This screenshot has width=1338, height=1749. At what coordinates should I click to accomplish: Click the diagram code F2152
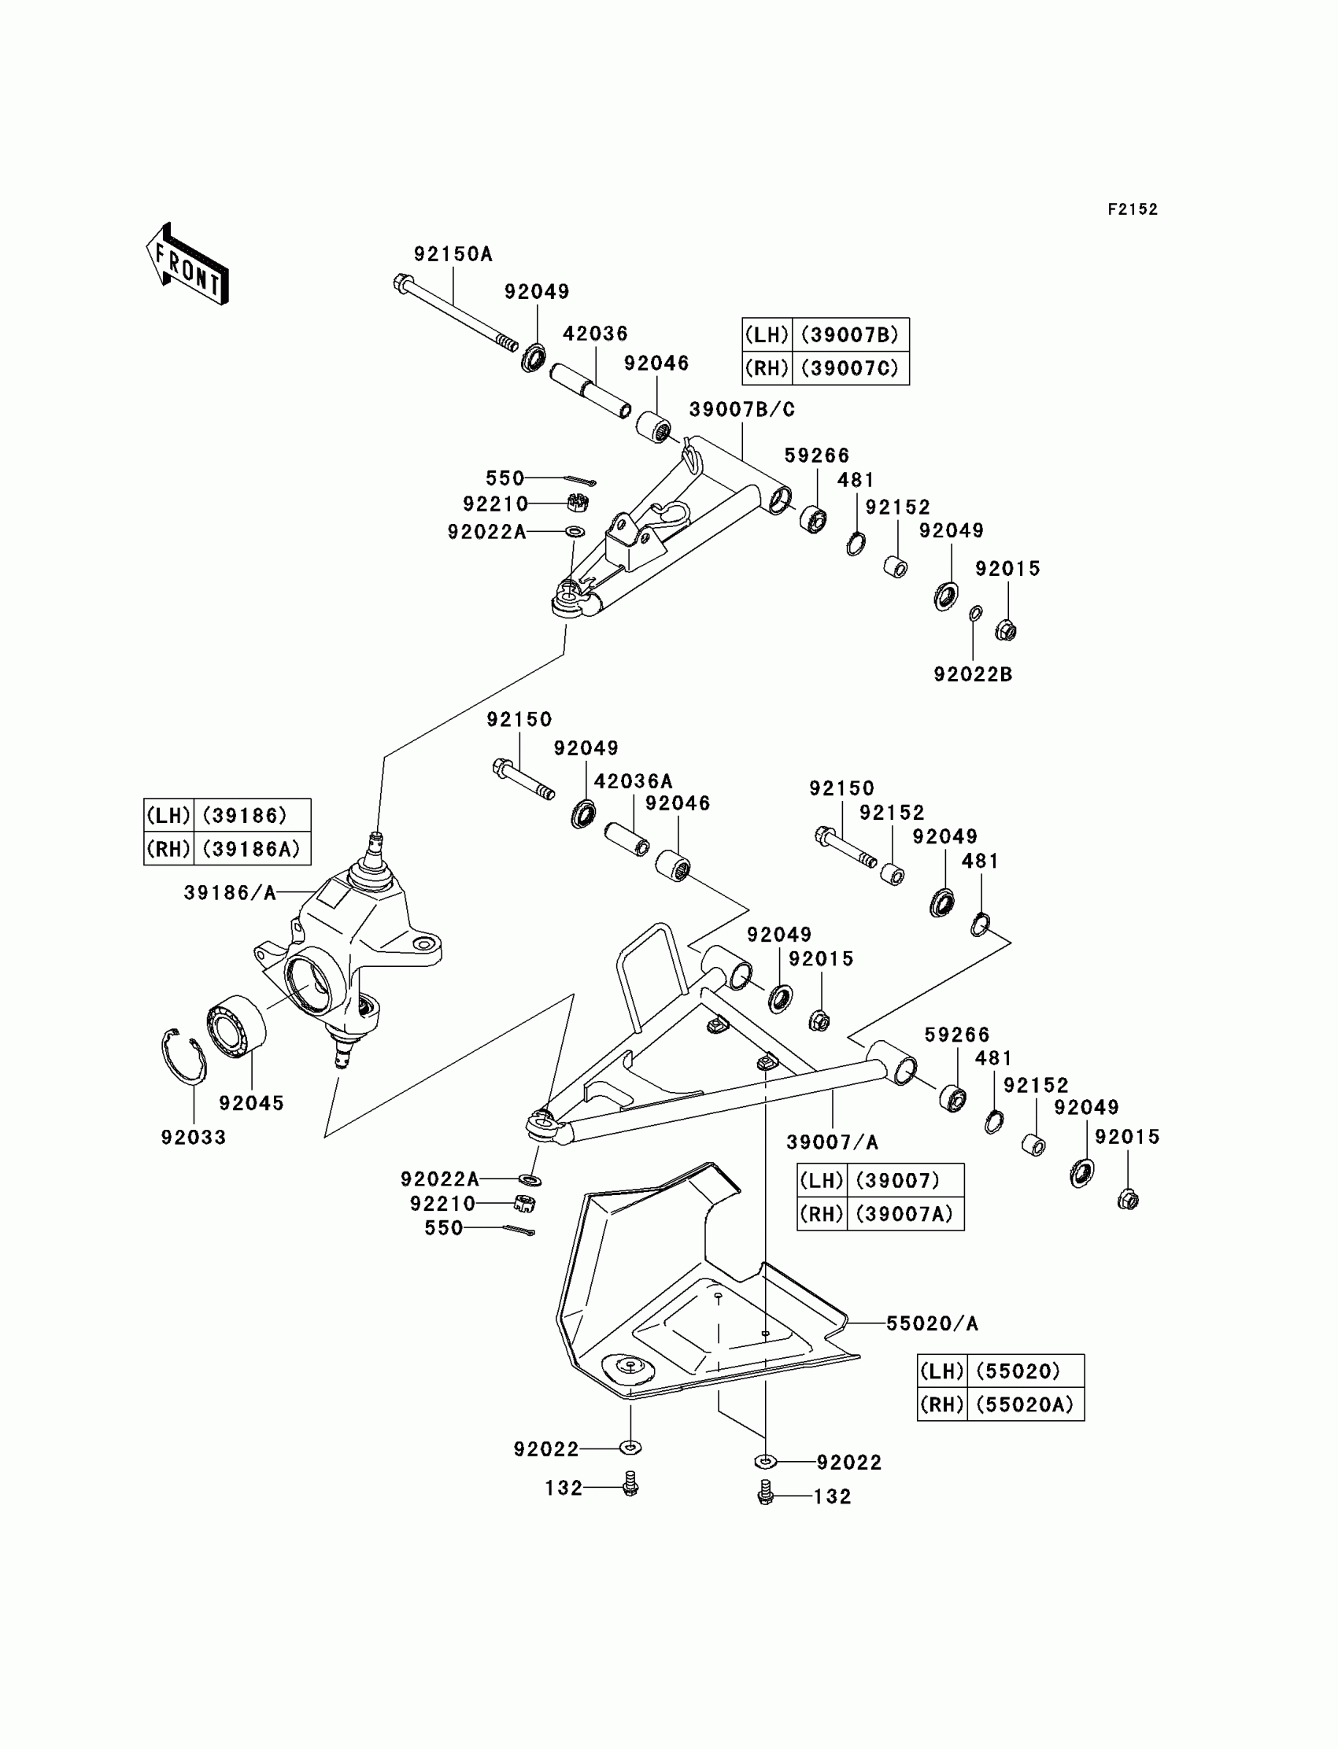click(x=1133, y=209)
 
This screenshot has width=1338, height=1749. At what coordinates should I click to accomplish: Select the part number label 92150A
click(x=453, y=254)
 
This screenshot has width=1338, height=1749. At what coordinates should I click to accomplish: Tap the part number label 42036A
click(x=633, y=781)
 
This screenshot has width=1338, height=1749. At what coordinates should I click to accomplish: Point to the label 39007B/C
click(x=741, y=409)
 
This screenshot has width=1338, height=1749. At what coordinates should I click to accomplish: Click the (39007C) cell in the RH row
click(x=850, y=368)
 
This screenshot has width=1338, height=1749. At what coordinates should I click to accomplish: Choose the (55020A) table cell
click(x=1024, y=1405)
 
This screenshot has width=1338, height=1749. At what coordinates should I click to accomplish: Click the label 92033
click(x=194, y=1138)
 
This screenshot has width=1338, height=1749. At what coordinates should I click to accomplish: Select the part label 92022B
click(x=973, y=674)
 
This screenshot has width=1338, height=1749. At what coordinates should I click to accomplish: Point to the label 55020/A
click(x=932, y=1323)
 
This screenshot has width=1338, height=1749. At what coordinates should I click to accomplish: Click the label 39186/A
click(x=230, y=893)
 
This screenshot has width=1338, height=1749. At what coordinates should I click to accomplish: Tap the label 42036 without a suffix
click(x=595, y=334)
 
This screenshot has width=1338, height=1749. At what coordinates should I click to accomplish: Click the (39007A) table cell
click(x=904, y=1214)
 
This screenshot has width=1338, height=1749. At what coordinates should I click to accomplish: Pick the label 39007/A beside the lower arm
click(x=832, y=1142)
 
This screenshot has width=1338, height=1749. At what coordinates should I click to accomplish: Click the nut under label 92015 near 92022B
click(x=1005, y=631)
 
